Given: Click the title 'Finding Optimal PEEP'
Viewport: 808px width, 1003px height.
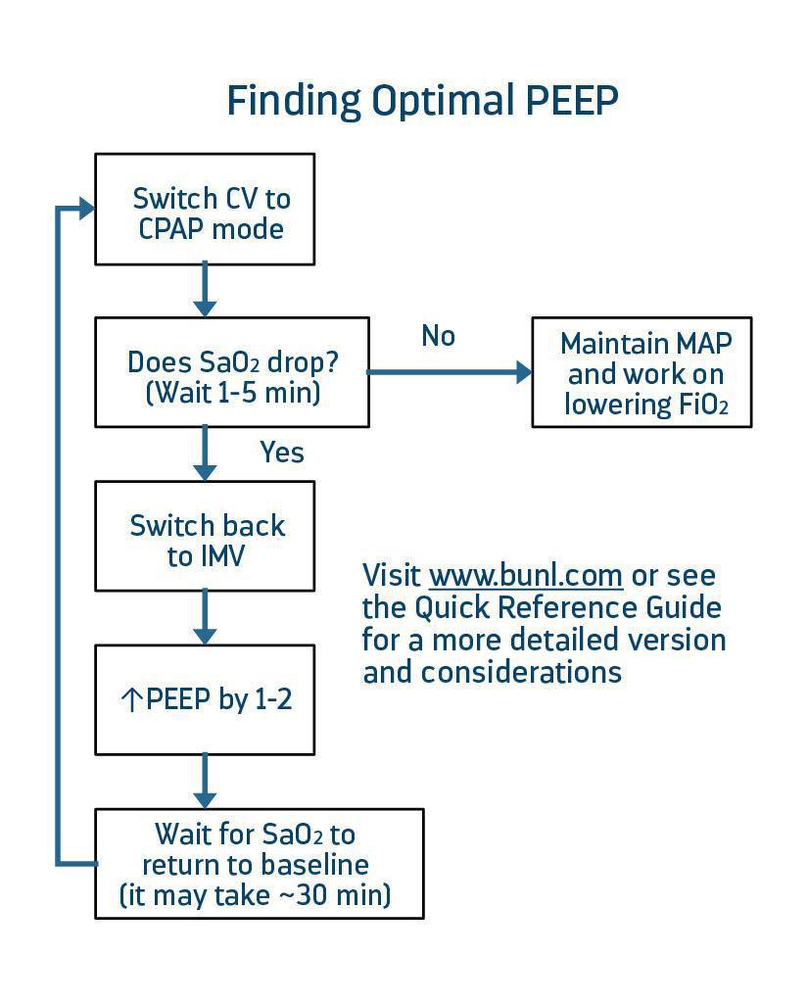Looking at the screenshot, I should (x=422, y=101).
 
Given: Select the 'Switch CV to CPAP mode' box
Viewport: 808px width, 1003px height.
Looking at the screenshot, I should (x=205, y=209).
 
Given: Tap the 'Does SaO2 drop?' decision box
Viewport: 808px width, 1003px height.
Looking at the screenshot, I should (x=232, y=372).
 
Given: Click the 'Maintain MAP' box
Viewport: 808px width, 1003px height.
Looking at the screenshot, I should (x=642, y=372).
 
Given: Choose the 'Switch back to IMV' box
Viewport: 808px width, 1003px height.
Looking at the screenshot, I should (x=205, y=536).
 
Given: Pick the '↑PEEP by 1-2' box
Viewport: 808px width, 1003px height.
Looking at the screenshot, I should (x=205, y=699).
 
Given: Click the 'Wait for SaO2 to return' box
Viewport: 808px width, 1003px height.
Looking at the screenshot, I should (x=259, y=863).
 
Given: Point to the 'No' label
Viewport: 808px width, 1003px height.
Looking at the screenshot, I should (x=438, y=336).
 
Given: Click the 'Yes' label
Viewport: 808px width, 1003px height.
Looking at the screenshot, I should (x=282, y=453).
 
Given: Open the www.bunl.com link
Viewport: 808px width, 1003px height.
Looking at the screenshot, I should (x=526, y=575).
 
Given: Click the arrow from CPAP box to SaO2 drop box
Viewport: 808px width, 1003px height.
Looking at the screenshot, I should (x=204, y=290).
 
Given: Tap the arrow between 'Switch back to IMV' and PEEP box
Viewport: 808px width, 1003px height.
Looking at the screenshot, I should (x=204, y=617).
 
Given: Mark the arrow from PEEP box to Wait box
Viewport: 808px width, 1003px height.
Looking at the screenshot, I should (x=204, y=781).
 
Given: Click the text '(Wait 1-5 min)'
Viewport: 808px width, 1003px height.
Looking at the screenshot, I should (x=233, y=393).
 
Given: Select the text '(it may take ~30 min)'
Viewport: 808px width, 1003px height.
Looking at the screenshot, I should (x=255, y=894).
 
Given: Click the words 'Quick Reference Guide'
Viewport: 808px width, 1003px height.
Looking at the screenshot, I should (x=568, y=607).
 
